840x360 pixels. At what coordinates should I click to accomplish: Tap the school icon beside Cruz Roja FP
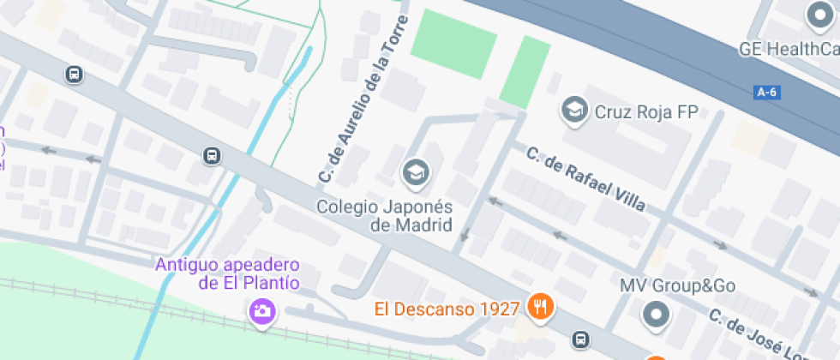(573, 110)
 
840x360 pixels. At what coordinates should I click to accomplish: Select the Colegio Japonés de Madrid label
(384, 216)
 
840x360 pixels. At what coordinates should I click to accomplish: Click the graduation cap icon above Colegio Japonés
(416, 171)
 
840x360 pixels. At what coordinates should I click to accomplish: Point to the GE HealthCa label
(789, 50)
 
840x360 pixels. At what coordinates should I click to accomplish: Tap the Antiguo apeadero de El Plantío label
(227, 273)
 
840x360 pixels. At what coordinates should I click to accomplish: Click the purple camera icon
(261, 311)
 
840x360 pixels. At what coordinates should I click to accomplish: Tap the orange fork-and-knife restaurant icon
(539, 306)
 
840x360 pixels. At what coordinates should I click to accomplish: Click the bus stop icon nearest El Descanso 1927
(582, 339)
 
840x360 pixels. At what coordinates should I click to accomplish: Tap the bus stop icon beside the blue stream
(211, 156)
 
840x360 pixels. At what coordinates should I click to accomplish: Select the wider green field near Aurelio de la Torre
(454, 43)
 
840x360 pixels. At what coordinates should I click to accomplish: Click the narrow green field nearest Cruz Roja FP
(525, 72)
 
